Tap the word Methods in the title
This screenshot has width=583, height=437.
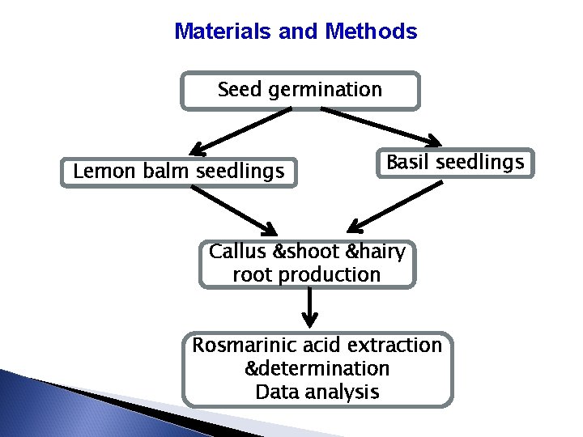pyautogui.click(x=371, y=32)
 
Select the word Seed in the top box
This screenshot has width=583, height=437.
pyautogui.click(x=239, y=90)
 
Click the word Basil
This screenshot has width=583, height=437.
pyautogui.click(x=408, y=163)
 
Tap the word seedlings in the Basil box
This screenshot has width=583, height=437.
pyautogui.click(x=480, y=163)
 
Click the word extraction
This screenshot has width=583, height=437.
pyautogui.click(x=397, y=346)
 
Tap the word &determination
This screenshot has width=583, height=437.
pyautogui.click(x=317, y=369)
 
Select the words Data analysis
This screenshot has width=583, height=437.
pyautogui.click(x=317, y=392)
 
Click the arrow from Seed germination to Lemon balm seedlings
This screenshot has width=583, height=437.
pyautogui.click(x=239, y=131)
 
